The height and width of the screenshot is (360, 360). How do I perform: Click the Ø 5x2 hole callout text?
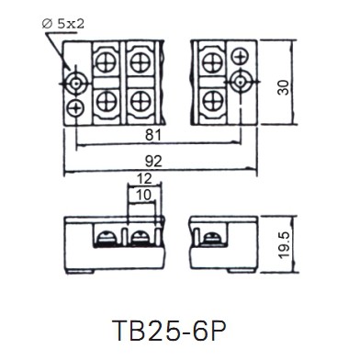(63, 24)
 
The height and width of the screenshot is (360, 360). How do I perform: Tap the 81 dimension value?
(153, 135)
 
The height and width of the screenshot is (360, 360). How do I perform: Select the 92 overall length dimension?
(153, 162)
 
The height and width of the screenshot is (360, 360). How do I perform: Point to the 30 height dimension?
(284, 87)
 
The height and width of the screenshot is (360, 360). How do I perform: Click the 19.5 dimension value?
(284, 245)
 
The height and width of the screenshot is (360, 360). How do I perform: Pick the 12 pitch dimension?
(144, 179)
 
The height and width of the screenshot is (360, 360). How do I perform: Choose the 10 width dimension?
(143, 195)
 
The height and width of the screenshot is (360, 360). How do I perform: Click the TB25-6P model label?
(169, 331)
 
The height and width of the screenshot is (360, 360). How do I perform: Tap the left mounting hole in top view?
(75, 83)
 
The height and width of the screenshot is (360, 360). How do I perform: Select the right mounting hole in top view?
(241, 82)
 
